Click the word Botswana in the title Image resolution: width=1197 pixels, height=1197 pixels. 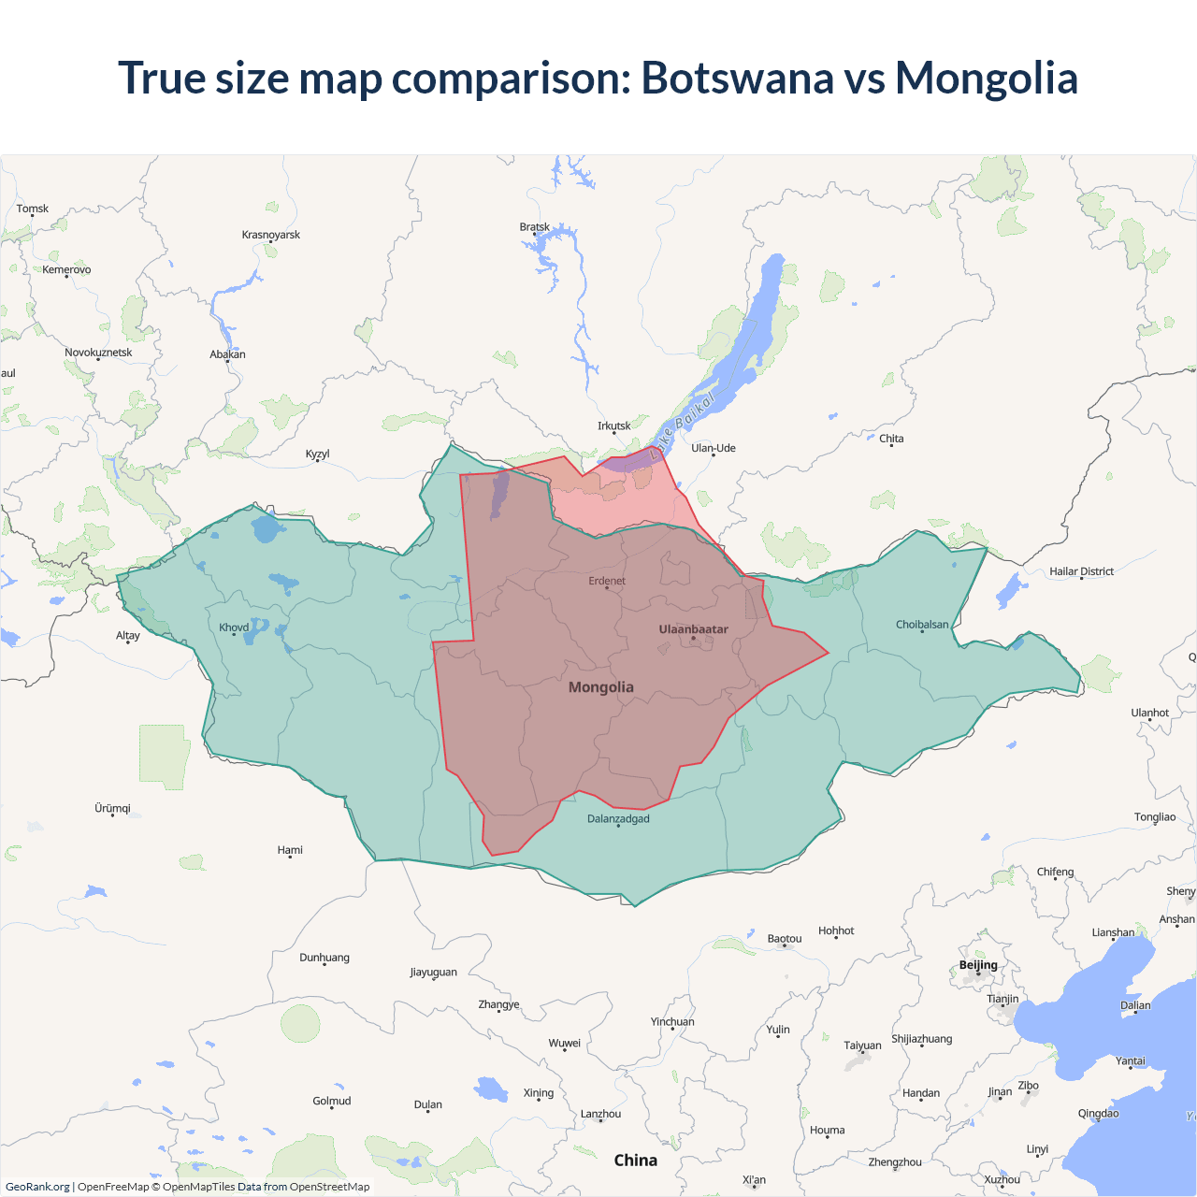pos(737,78)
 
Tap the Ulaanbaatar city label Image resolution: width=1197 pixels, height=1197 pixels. pos(693,629)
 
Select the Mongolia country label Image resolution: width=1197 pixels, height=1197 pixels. pos(601,687)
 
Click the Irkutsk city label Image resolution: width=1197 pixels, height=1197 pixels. pos(614,425)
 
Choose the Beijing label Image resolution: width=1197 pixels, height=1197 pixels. pos(978,965)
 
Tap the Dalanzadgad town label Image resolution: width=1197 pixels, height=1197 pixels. pos(618,819)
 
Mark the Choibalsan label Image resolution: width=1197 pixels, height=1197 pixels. pos(922,625)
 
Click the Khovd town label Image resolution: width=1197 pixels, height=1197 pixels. pos(234,627)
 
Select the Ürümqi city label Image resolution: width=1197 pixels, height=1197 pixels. pos(112,808)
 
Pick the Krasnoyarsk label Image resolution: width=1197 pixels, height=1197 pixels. pos(271,235)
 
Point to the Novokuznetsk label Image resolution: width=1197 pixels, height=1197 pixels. pos(98,353)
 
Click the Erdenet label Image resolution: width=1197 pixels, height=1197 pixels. pos(607,581)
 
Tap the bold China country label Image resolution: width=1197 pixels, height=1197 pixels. pos(636,1161)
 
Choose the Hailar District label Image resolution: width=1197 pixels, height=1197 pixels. pos(1081,571)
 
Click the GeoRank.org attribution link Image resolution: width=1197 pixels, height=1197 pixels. pos(37,1187)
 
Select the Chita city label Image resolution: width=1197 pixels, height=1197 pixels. pos(891,439)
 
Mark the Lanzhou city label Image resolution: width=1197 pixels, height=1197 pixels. pos(600,1114)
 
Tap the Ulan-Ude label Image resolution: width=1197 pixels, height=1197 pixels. pos(714,448)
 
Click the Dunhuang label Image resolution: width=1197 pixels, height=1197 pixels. pos(324,958)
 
